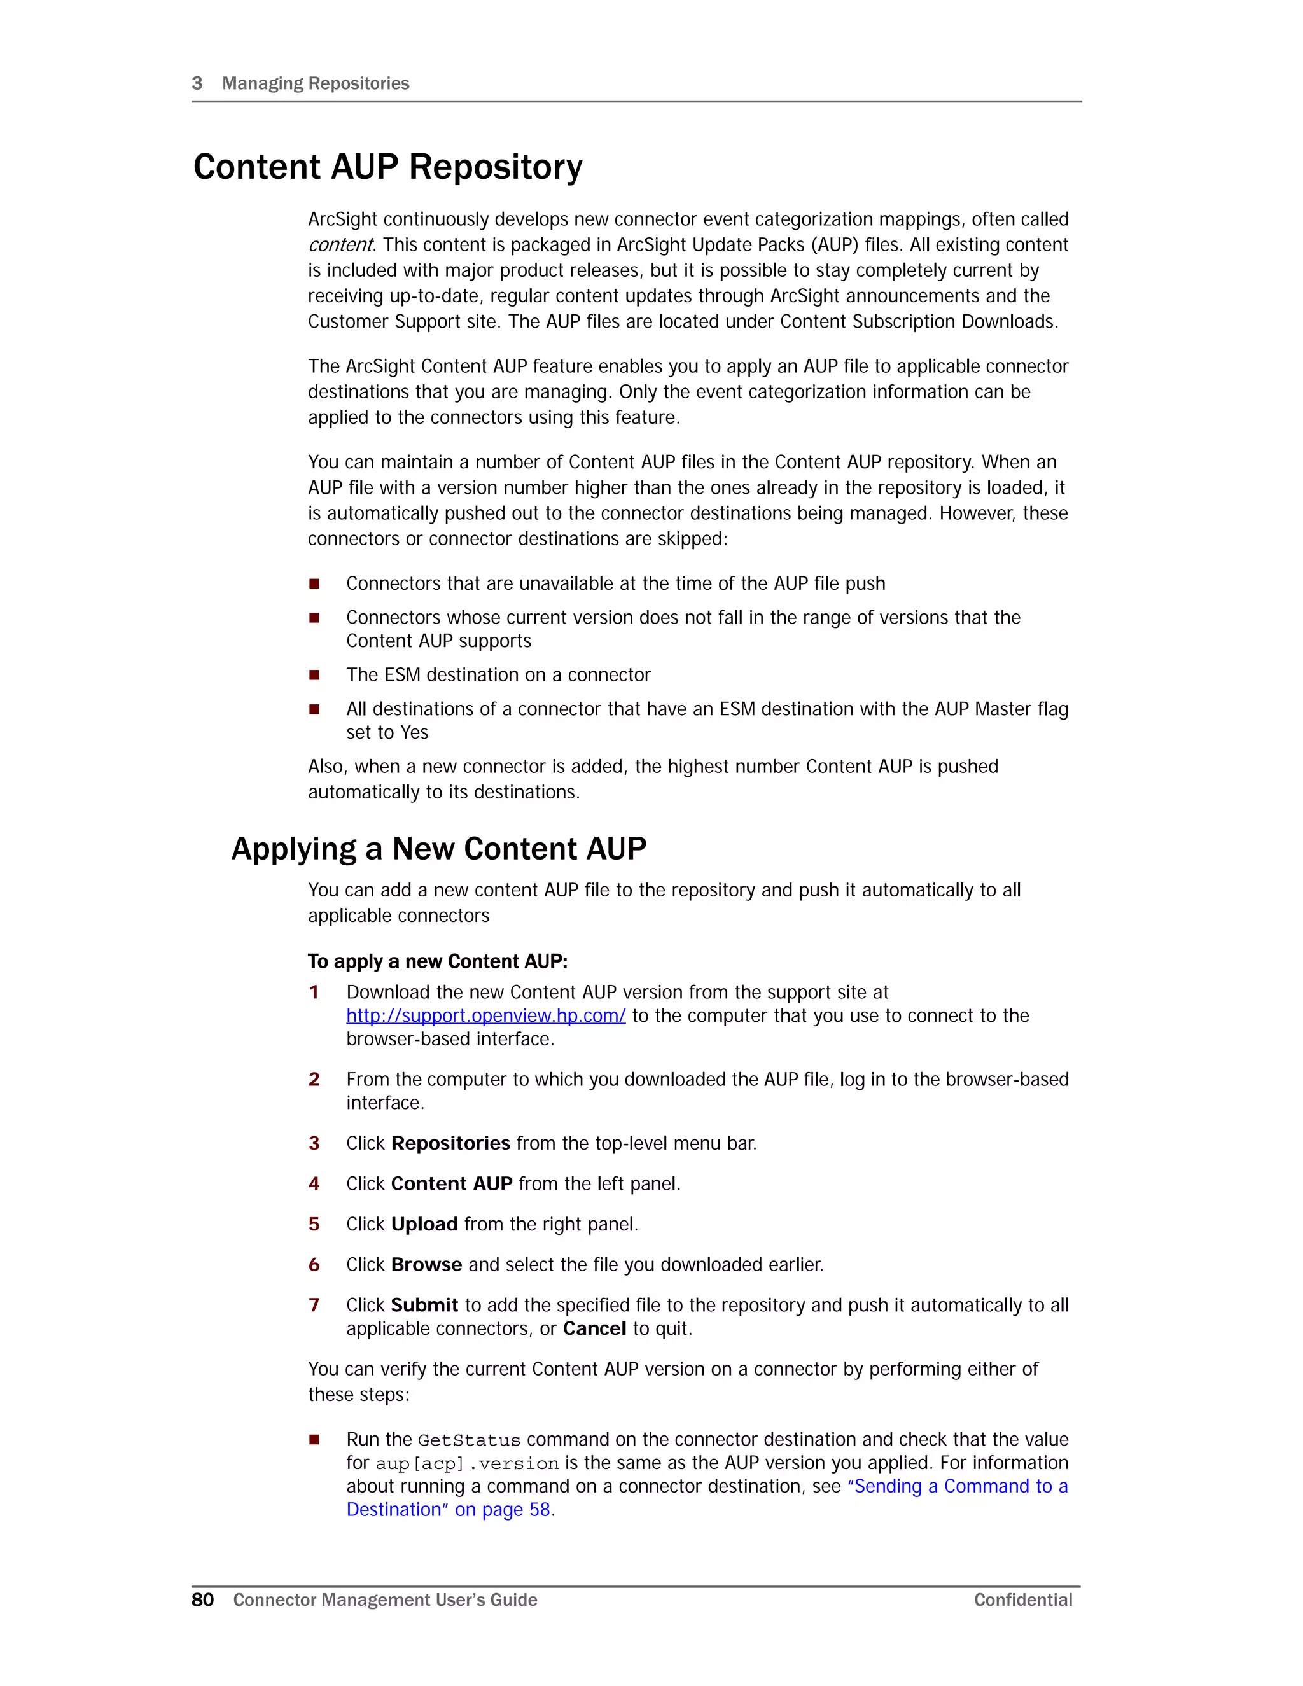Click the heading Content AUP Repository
(387, 167)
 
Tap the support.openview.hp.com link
(485, 1016)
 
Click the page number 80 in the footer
(202, 1599)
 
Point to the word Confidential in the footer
(1023, 1599)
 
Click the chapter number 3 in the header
(197, 83)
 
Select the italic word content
(340, 245)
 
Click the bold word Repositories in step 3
(451, 1143)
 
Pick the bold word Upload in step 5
(424, 1224)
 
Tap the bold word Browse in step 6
(426, 1265)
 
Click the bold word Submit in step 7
(424, 1306)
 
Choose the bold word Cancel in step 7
(594, 1328)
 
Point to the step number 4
(314, 1183)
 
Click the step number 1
(314, 992)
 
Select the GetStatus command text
(470, 1440)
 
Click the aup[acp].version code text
(467, 1464)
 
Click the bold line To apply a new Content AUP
(438, 961)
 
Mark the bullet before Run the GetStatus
(314, 1440)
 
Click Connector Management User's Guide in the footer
(385, 1599)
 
